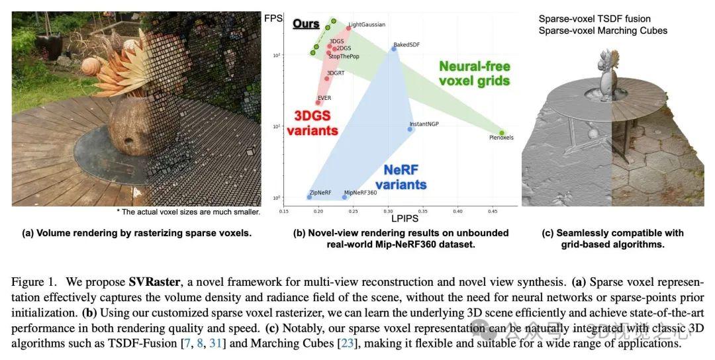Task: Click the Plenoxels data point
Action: [502, 133]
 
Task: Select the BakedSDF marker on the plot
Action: [394, 49]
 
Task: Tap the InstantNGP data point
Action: [410, 129]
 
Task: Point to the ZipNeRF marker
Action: [309, 197]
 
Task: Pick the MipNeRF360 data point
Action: [344, 197]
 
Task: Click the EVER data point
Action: [318, 103]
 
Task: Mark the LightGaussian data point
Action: [349, 28]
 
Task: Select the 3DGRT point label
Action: [336, 72]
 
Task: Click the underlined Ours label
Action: [306, 24]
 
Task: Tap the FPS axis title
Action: [273, 18]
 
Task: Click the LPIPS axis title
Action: [403, 218]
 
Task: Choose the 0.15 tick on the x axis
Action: [283, 212]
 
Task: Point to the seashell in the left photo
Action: [91, 66]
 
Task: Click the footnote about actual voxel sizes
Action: [188, 212]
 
